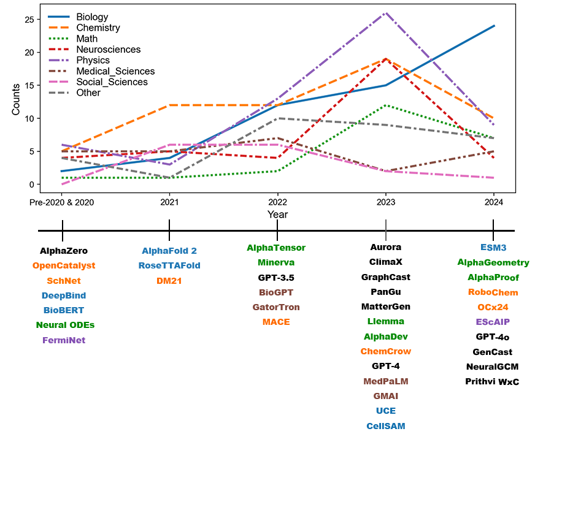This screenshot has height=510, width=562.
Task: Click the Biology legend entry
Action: (x=91, y=17)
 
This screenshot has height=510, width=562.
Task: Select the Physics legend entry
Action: (x=93, y=60)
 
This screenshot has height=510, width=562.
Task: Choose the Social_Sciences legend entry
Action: (x=112, y=82)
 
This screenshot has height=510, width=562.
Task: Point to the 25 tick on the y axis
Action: (x=29, y=20)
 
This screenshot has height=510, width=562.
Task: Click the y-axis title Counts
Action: (x=16, y=99)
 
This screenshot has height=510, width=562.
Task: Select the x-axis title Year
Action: (x=277, y=215)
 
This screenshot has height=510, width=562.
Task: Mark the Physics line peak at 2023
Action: (x=385, y=13)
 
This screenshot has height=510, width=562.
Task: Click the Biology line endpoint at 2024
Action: (x=494, y=26)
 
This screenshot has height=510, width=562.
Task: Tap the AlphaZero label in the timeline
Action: (x=64, y=251)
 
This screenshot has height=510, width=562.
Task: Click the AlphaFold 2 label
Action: (x=169, y=251)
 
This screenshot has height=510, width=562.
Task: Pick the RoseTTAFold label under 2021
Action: (x=169, y=265)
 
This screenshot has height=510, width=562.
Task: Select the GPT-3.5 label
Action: (x=276, y=278)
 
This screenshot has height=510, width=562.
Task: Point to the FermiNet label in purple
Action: (x=64, y=340)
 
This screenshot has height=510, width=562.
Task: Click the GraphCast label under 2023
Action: (x=385, y=277)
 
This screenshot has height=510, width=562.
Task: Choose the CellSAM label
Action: (x=385, y=425)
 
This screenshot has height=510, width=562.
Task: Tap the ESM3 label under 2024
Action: (x=493, y=248)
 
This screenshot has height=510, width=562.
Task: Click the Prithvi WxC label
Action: (x=493, y=381)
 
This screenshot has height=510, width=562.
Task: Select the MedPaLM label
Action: (x=385, y=381)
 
